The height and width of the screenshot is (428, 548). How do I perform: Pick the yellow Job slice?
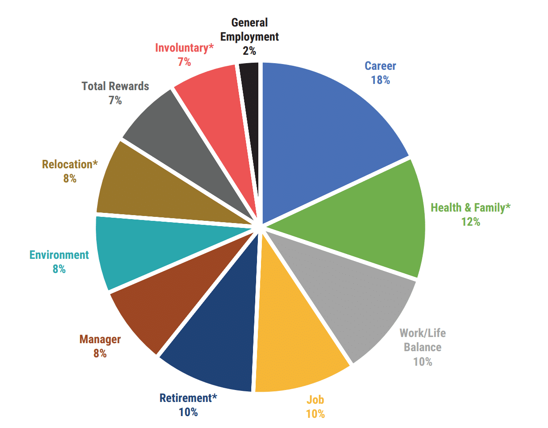(296, 336)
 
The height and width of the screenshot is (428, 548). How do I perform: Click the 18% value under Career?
(380, 80)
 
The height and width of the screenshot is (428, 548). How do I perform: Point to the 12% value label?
(470, 222)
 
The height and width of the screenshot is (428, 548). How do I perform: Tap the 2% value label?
(249, 51)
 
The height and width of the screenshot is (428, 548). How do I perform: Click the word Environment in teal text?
(59, 255)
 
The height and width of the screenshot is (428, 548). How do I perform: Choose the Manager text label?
(100, 339)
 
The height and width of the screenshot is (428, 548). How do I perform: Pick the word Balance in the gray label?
(423, 347)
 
